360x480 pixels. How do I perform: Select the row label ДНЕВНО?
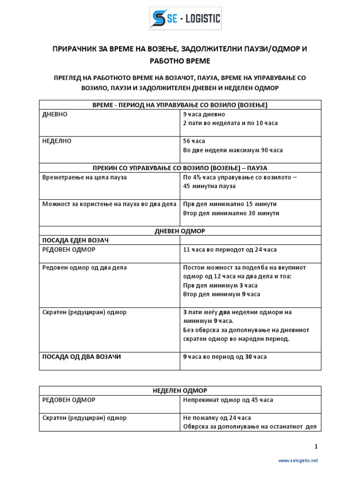tap(55, 114)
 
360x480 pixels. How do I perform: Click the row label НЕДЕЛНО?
tap(57, 141)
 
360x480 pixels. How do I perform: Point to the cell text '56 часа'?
tap(194, 141)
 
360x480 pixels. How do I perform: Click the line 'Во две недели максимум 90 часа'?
tap(233, 150)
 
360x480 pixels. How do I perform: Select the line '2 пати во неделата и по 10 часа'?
tap(230, 123)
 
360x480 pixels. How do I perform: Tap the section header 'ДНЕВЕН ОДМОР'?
tap(180, 231)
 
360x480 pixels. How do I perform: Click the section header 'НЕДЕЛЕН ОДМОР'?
tap(180, 390)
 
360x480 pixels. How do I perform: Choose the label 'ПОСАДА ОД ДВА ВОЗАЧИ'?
tap(82, 357)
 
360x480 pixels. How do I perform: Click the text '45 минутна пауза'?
tap(209, 186)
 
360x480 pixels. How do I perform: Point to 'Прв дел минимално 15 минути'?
tap(230, 204)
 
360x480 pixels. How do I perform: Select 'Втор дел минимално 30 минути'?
tap(231, 213)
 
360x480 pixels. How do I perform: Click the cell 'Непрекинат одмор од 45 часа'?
tap(228, 400)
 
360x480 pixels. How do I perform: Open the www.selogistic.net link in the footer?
tap(298, 461)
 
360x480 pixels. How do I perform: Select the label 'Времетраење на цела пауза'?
tap(84, 178)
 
